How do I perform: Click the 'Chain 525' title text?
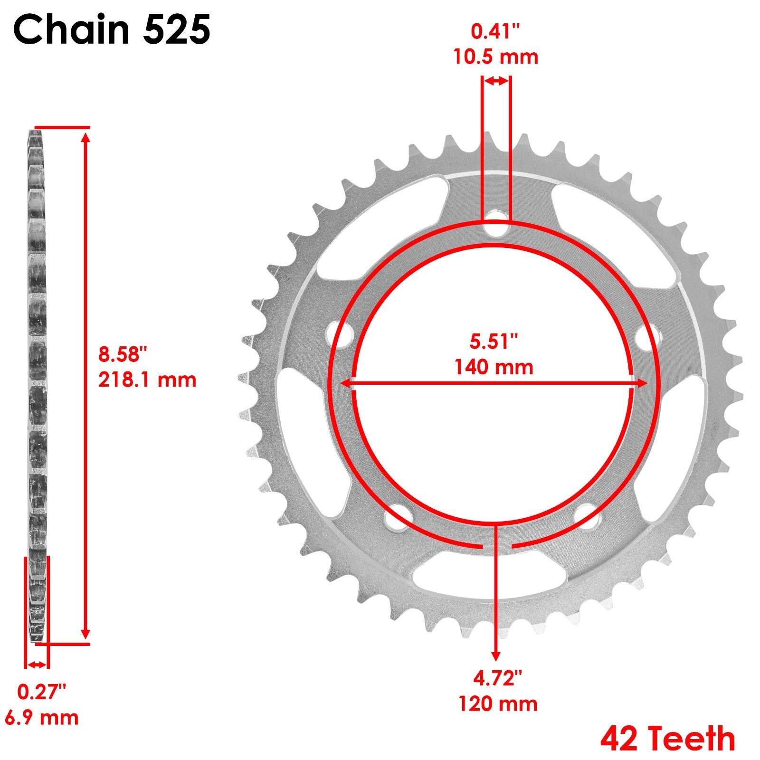[x=112, y=29]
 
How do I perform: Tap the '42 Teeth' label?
[x=667, y=738]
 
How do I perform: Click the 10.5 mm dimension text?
[x=495, y=57]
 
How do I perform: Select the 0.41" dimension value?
[x=495, y=31]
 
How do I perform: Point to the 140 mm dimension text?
[x=494, y=367]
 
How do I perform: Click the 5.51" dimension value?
[x=494, y=342]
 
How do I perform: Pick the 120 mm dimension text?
[x=497, y=703]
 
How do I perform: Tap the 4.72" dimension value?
[x=497, y=678]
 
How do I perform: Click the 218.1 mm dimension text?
[x=147, y=380]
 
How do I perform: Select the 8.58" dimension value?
[x=123, y=354]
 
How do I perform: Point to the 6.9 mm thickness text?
[x=42, y=717]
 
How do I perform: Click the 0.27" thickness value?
[x=41, y=692]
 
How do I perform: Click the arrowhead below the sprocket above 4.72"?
[x=496, y=655]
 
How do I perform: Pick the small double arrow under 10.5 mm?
[x=497, y=81]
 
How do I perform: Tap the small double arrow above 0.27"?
[x=37, y=665]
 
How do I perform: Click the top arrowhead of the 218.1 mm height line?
[x=85, y=138]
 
